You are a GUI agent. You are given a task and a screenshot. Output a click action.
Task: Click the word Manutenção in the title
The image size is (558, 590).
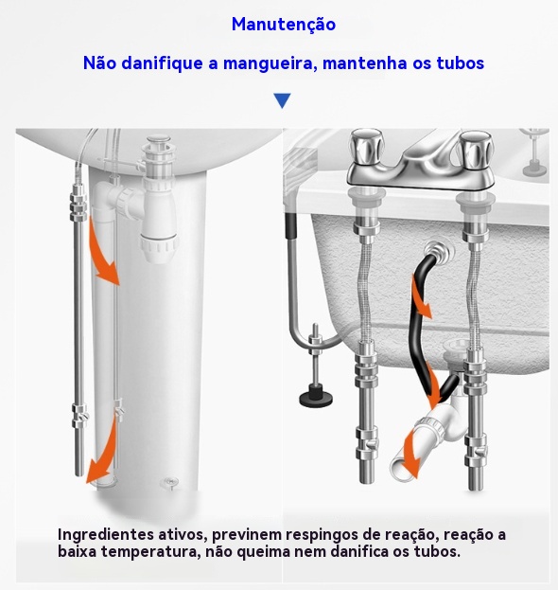[284, 25]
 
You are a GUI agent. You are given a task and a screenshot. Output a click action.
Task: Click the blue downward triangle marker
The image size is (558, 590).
[282, 100]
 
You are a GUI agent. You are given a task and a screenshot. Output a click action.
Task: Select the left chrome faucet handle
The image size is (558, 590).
[365, 149]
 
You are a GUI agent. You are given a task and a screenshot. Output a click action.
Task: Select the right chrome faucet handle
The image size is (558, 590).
[476, 150]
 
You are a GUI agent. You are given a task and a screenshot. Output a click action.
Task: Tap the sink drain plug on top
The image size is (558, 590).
[158, 141]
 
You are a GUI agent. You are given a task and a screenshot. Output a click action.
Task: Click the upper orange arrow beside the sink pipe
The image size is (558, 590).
[103, 255]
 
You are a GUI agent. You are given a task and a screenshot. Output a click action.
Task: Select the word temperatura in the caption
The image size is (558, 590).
[149, 552]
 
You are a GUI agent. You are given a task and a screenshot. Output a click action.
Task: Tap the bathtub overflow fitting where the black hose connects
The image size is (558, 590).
[439, 251]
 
